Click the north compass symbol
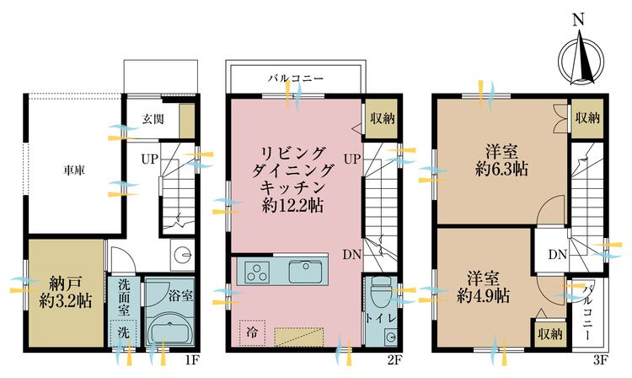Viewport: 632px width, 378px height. click(x=581, y=61)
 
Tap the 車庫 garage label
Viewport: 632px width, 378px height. click(x=74, y=170)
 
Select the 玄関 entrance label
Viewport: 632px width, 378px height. click(x=153, y=119)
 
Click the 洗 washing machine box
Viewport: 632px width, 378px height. click(x=123, y=332)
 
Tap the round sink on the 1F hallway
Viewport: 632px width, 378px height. click(x=183, y=255)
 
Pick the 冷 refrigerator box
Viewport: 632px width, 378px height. click(x=252, y=332)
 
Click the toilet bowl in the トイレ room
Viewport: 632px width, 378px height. click(x=378, y=292)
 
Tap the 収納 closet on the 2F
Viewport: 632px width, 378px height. click(x=383, y=119)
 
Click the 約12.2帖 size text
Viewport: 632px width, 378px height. click(x=292, y=206)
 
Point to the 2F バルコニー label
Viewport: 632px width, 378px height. click(x=297, y=78)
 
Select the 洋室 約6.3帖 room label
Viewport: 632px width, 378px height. click(x=502, y=161)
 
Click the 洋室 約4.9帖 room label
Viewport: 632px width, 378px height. click(x=484, y=287)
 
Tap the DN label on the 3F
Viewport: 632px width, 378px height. click(x=558, y=255)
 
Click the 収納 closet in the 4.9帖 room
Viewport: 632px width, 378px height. click(x=550, y=334)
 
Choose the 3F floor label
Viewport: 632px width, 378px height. click(x=600, y=359)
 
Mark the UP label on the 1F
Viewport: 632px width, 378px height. click(x=150, y=159)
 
